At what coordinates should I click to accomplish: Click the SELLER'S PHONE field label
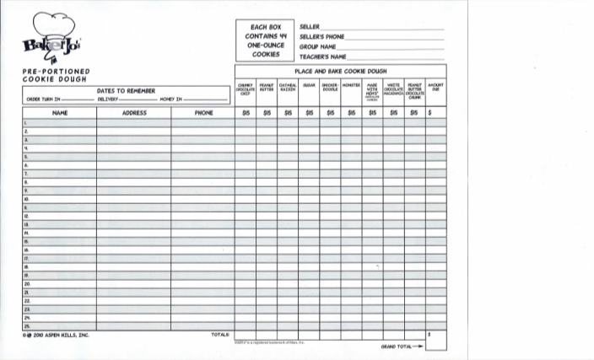[321, 37]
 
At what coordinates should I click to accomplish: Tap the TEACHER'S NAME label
[323, 56]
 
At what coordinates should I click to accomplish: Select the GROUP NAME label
[318, 47]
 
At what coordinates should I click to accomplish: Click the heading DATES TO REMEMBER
[126, 90]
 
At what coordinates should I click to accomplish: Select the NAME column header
[59, 112]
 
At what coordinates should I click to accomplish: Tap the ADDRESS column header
[134, 112]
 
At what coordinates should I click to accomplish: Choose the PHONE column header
[203, 112]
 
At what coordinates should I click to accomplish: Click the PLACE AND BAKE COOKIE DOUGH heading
[340, 72]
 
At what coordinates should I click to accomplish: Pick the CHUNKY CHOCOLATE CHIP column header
[246, 89]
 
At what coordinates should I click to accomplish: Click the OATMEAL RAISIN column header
[288, 87]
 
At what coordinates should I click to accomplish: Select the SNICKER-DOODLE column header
[330, 87]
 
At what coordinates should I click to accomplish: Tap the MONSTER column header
[351, 85]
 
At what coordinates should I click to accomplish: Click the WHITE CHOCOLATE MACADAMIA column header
[393, 89]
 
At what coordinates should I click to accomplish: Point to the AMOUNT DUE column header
[436, 87]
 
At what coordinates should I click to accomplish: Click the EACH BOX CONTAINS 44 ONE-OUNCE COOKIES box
[266, 40]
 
